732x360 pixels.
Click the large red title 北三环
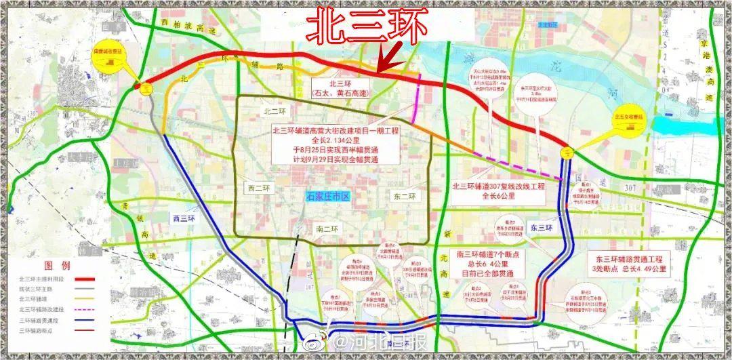pyautogui.click(x=367, y=26)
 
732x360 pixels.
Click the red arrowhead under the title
pyautogui.click(x=382, y=66)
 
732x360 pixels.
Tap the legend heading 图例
pyautogui.click(x=56, y=264)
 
